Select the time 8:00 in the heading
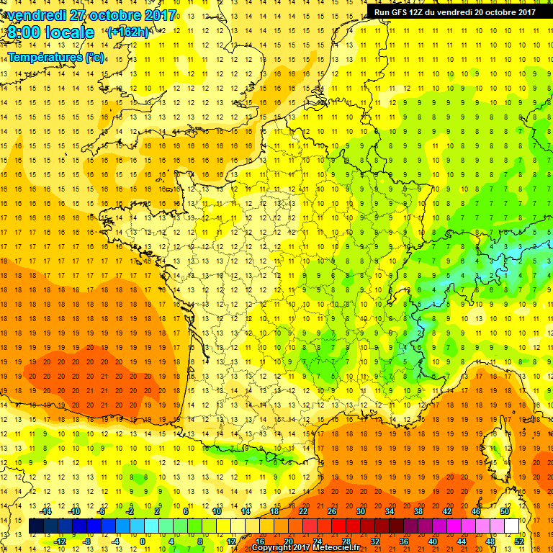26,32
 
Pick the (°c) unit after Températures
94,56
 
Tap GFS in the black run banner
403,12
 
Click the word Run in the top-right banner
383,12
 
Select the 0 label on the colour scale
142,541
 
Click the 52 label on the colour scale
519,541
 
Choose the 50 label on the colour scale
505,511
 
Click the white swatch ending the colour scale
512,526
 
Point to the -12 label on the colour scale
60,541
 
